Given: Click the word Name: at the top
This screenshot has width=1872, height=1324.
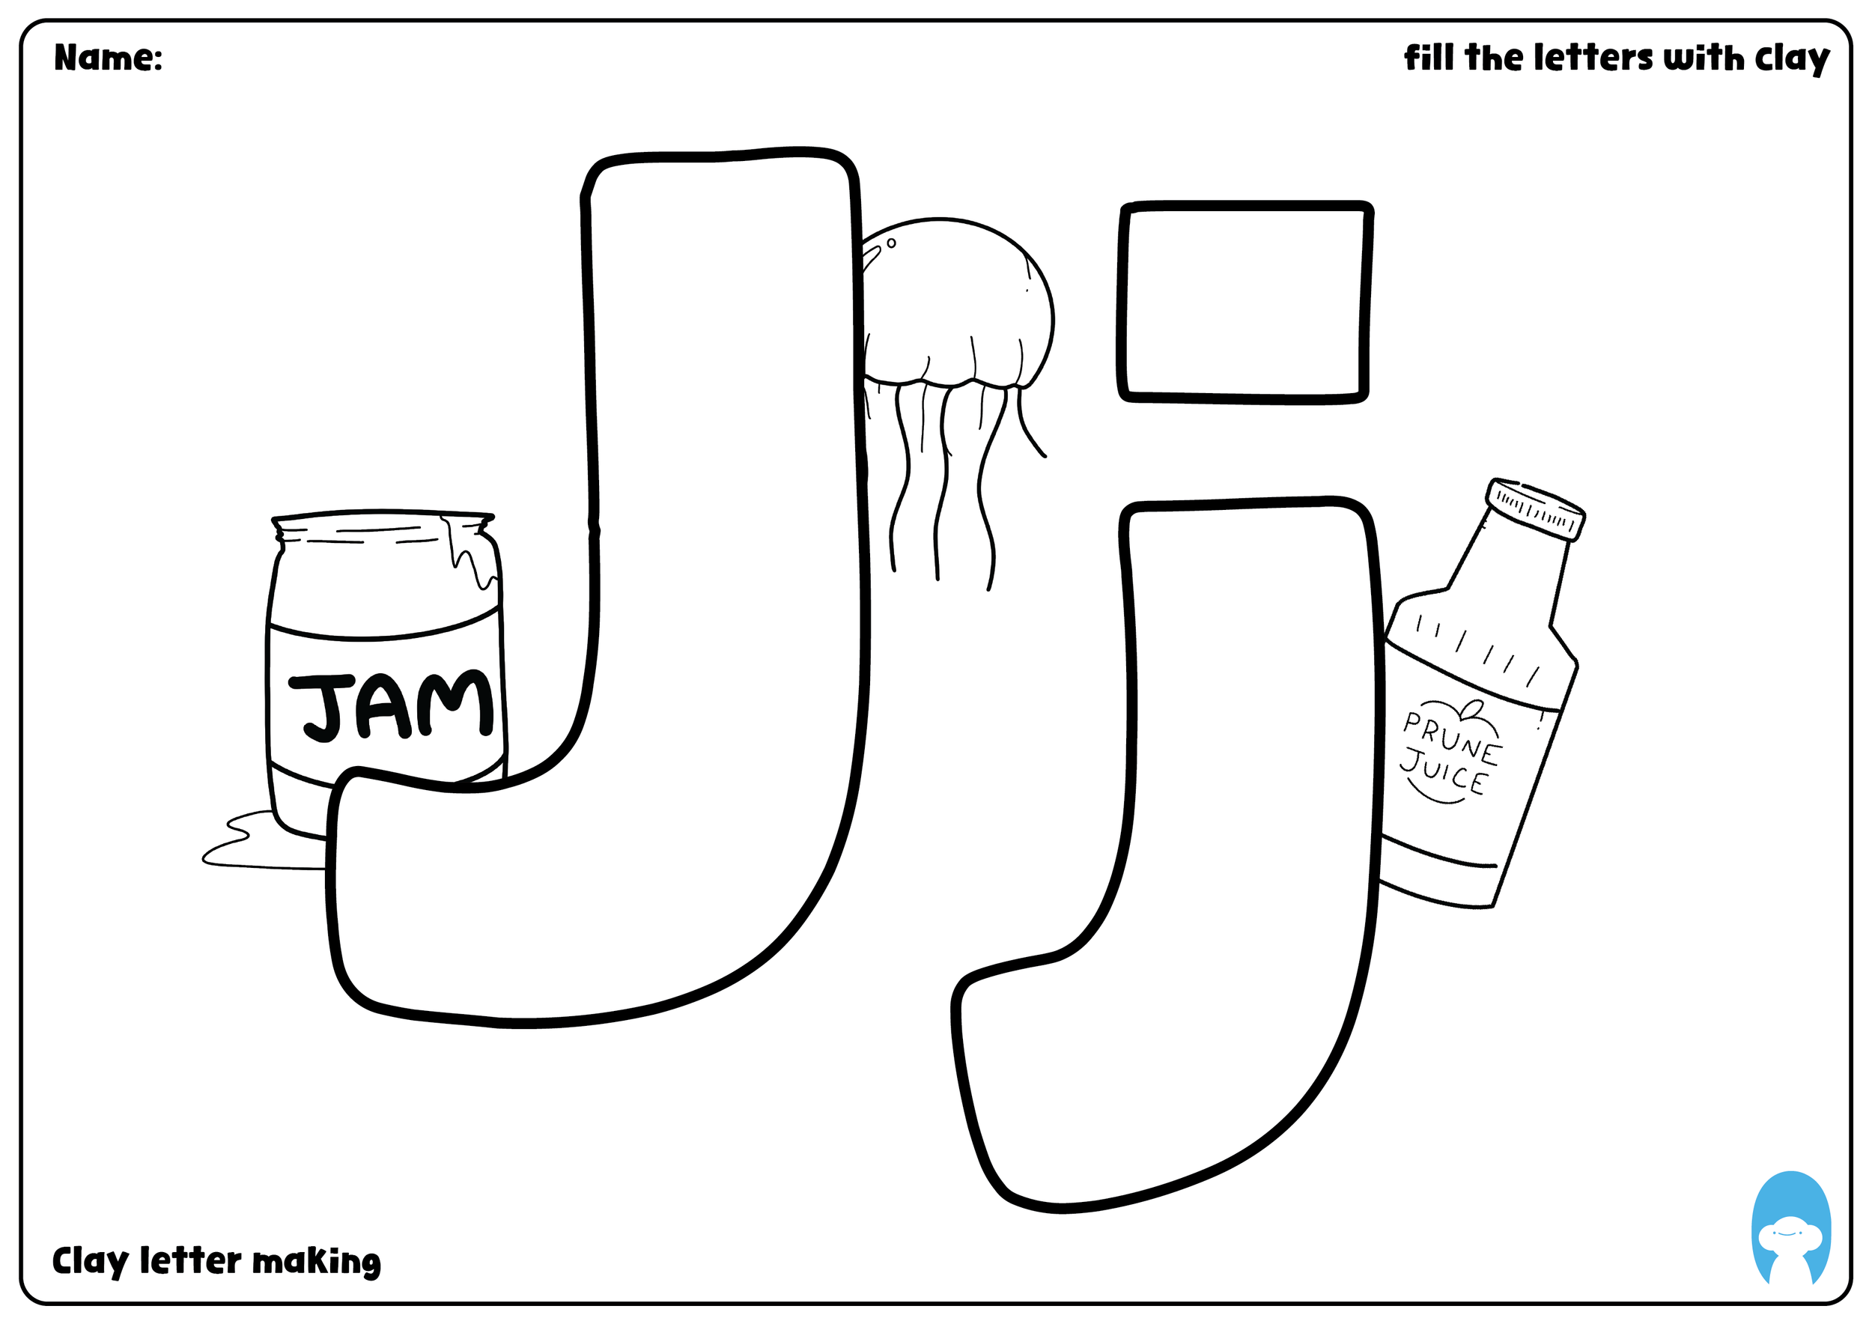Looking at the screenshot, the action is click(x=108, y=58).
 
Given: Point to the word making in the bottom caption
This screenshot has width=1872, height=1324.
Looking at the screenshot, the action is click(x=316, y=1262).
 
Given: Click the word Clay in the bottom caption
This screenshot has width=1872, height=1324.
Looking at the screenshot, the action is click(x=91, y=1261).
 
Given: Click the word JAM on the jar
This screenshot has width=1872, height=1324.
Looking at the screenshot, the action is click(x=392, y=706).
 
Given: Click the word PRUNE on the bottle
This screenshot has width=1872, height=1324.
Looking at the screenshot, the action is click(x=1450, y=738).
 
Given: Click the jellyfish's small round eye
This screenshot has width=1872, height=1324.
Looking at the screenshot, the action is click(x=891, y=243).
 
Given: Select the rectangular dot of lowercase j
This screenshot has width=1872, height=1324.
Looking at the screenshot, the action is click(x=1245, y=303).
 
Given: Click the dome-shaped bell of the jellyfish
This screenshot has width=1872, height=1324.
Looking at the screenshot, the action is click(x=954, y=302).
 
